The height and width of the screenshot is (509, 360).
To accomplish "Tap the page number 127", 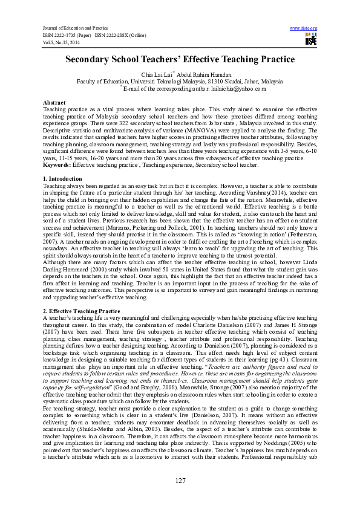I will (x=180, y=481).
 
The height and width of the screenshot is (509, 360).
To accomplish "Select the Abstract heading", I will (x=55, y=103).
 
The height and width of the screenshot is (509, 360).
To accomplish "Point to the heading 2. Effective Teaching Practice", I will (x=82, y=310).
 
